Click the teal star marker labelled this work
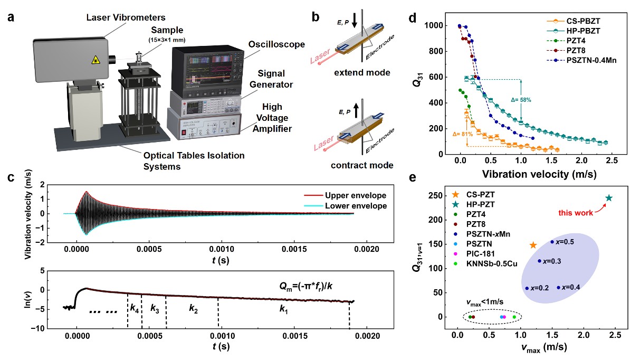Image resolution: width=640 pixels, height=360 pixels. pos(608,198)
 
